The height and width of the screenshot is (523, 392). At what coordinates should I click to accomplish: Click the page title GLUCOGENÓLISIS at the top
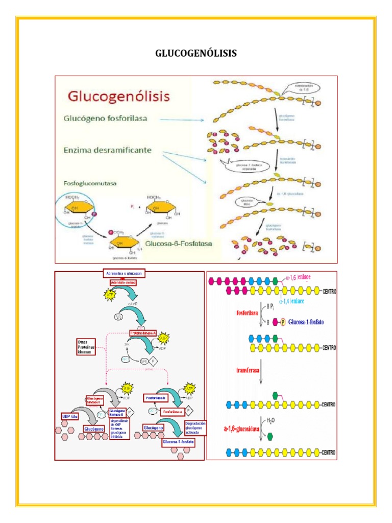coord(195,54)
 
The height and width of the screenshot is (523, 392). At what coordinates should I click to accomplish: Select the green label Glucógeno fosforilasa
coord(105,118)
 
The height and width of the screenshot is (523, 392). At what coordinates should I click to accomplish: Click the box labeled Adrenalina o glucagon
coord(125,273)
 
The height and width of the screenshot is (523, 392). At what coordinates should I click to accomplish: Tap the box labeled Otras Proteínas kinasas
coord(86,347)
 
